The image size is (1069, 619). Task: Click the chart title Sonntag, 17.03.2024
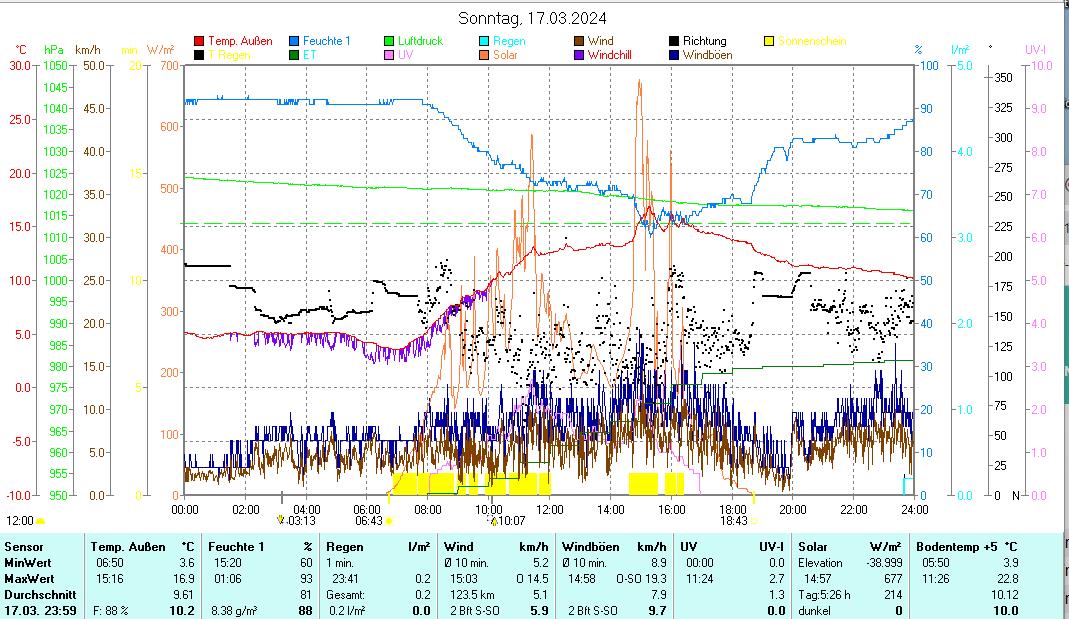(x=532, y=18)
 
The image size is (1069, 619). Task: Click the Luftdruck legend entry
(x=419, y=41)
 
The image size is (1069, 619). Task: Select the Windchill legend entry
(x=610, y=55)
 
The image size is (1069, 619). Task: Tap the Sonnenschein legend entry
(x=811, y=41)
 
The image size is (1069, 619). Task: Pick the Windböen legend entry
(x=707, y=55)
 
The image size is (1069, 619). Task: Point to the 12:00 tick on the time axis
(x=549, y=509)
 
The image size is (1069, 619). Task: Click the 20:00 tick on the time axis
(x=792, y=509)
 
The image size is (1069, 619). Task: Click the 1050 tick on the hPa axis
(x=56, y=66)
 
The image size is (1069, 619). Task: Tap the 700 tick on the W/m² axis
(x=168, y=66)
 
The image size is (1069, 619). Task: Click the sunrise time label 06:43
(x=369, y=521)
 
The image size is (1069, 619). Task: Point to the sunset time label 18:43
(x=733, y=521)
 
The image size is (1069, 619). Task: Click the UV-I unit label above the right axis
(x=1036, y=49)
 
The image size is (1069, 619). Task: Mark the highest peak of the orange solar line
(x=639, y=81)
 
